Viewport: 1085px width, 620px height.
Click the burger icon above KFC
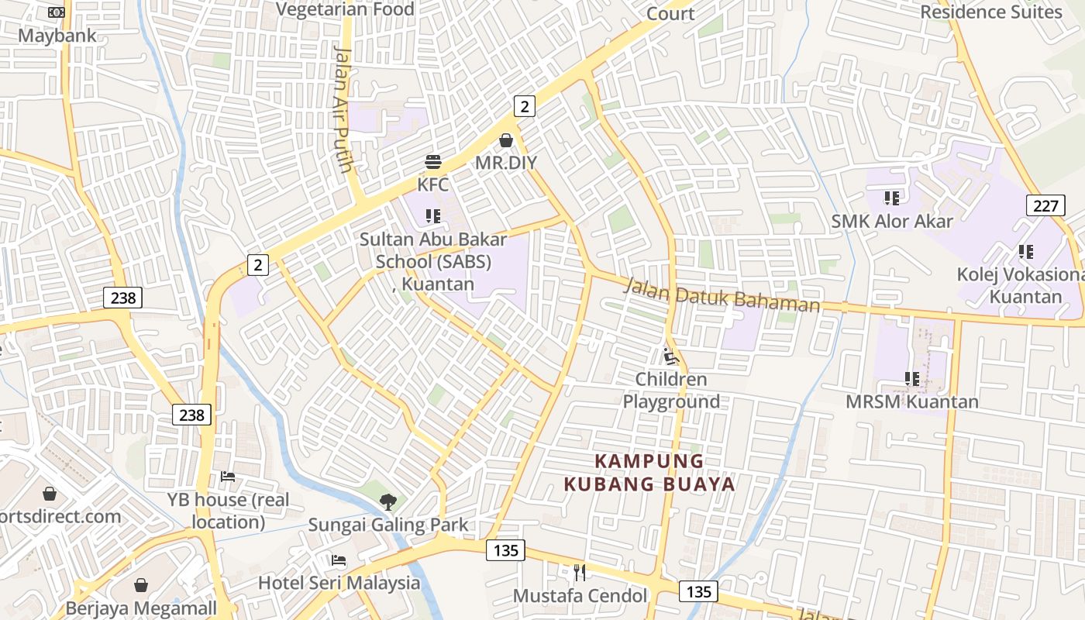(432, 162)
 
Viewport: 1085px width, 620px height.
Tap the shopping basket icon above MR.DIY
(506, 140)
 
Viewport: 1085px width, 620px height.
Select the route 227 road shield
(1045, 205)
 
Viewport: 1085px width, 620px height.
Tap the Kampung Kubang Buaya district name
(649, 473)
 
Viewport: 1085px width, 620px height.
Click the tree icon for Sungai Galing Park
(387, 502)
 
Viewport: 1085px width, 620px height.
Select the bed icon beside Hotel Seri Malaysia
(339, 560)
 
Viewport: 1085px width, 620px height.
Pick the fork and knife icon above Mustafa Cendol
(580, 573)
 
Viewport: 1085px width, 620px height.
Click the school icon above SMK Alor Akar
(892, 198)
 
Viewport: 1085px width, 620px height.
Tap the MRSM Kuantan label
(911, 401)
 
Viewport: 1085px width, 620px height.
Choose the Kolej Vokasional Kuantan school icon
(1025, 252)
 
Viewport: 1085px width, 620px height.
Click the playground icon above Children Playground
(671, 356)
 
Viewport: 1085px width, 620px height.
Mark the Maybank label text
(57, 36)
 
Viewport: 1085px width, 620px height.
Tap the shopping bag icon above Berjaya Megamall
(141, 585)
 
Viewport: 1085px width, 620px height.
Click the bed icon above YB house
(228, 476)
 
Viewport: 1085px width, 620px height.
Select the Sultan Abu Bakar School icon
(432, 216)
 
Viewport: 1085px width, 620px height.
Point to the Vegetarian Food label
(345, 9)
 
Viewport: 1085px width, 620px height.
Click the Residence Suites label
(991, 12)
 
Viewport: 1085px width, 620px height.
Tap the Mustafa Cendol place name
(580, 595)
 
